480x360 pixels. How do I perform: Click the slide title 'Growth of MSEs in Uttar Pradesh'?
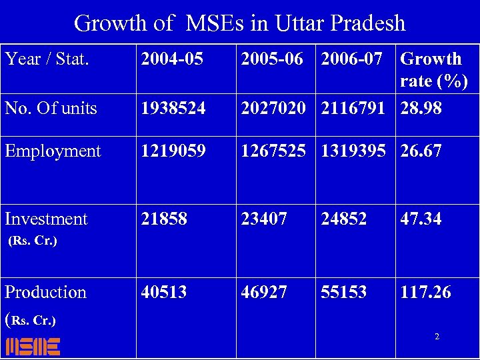(239, 23)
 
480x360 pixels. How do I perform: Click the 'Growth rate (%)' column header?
(433, 70)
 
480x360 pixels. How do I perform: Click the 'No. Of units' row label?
(51, 108)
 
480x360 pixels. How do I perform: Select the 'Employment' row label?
(53, 151)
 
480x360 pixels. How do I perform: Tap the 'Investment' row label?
(46, 219)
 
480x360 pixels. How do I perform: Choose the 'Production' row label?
(45, 292)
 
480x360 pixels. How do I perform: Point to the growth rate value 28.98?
(421, 108)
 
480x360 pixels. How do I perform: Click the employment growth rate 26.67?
(421, 151)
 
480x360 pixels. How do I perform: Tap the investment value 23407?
(264, 219)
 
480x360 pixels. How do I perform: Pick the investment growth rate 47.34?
(421, 219)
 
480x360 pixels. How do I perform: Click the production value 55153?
(344, 292)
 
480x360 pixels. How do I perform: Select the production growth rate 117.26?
(425, 292)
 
